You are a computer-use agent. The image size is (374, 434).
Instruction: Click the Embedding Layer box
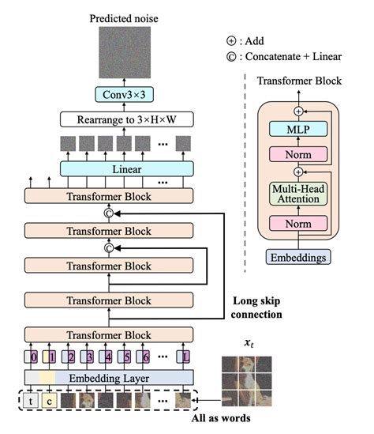[x=110, y=378]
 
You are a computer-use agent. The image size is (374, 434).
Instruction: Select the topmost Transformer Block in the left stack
[x=110, y=195]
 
